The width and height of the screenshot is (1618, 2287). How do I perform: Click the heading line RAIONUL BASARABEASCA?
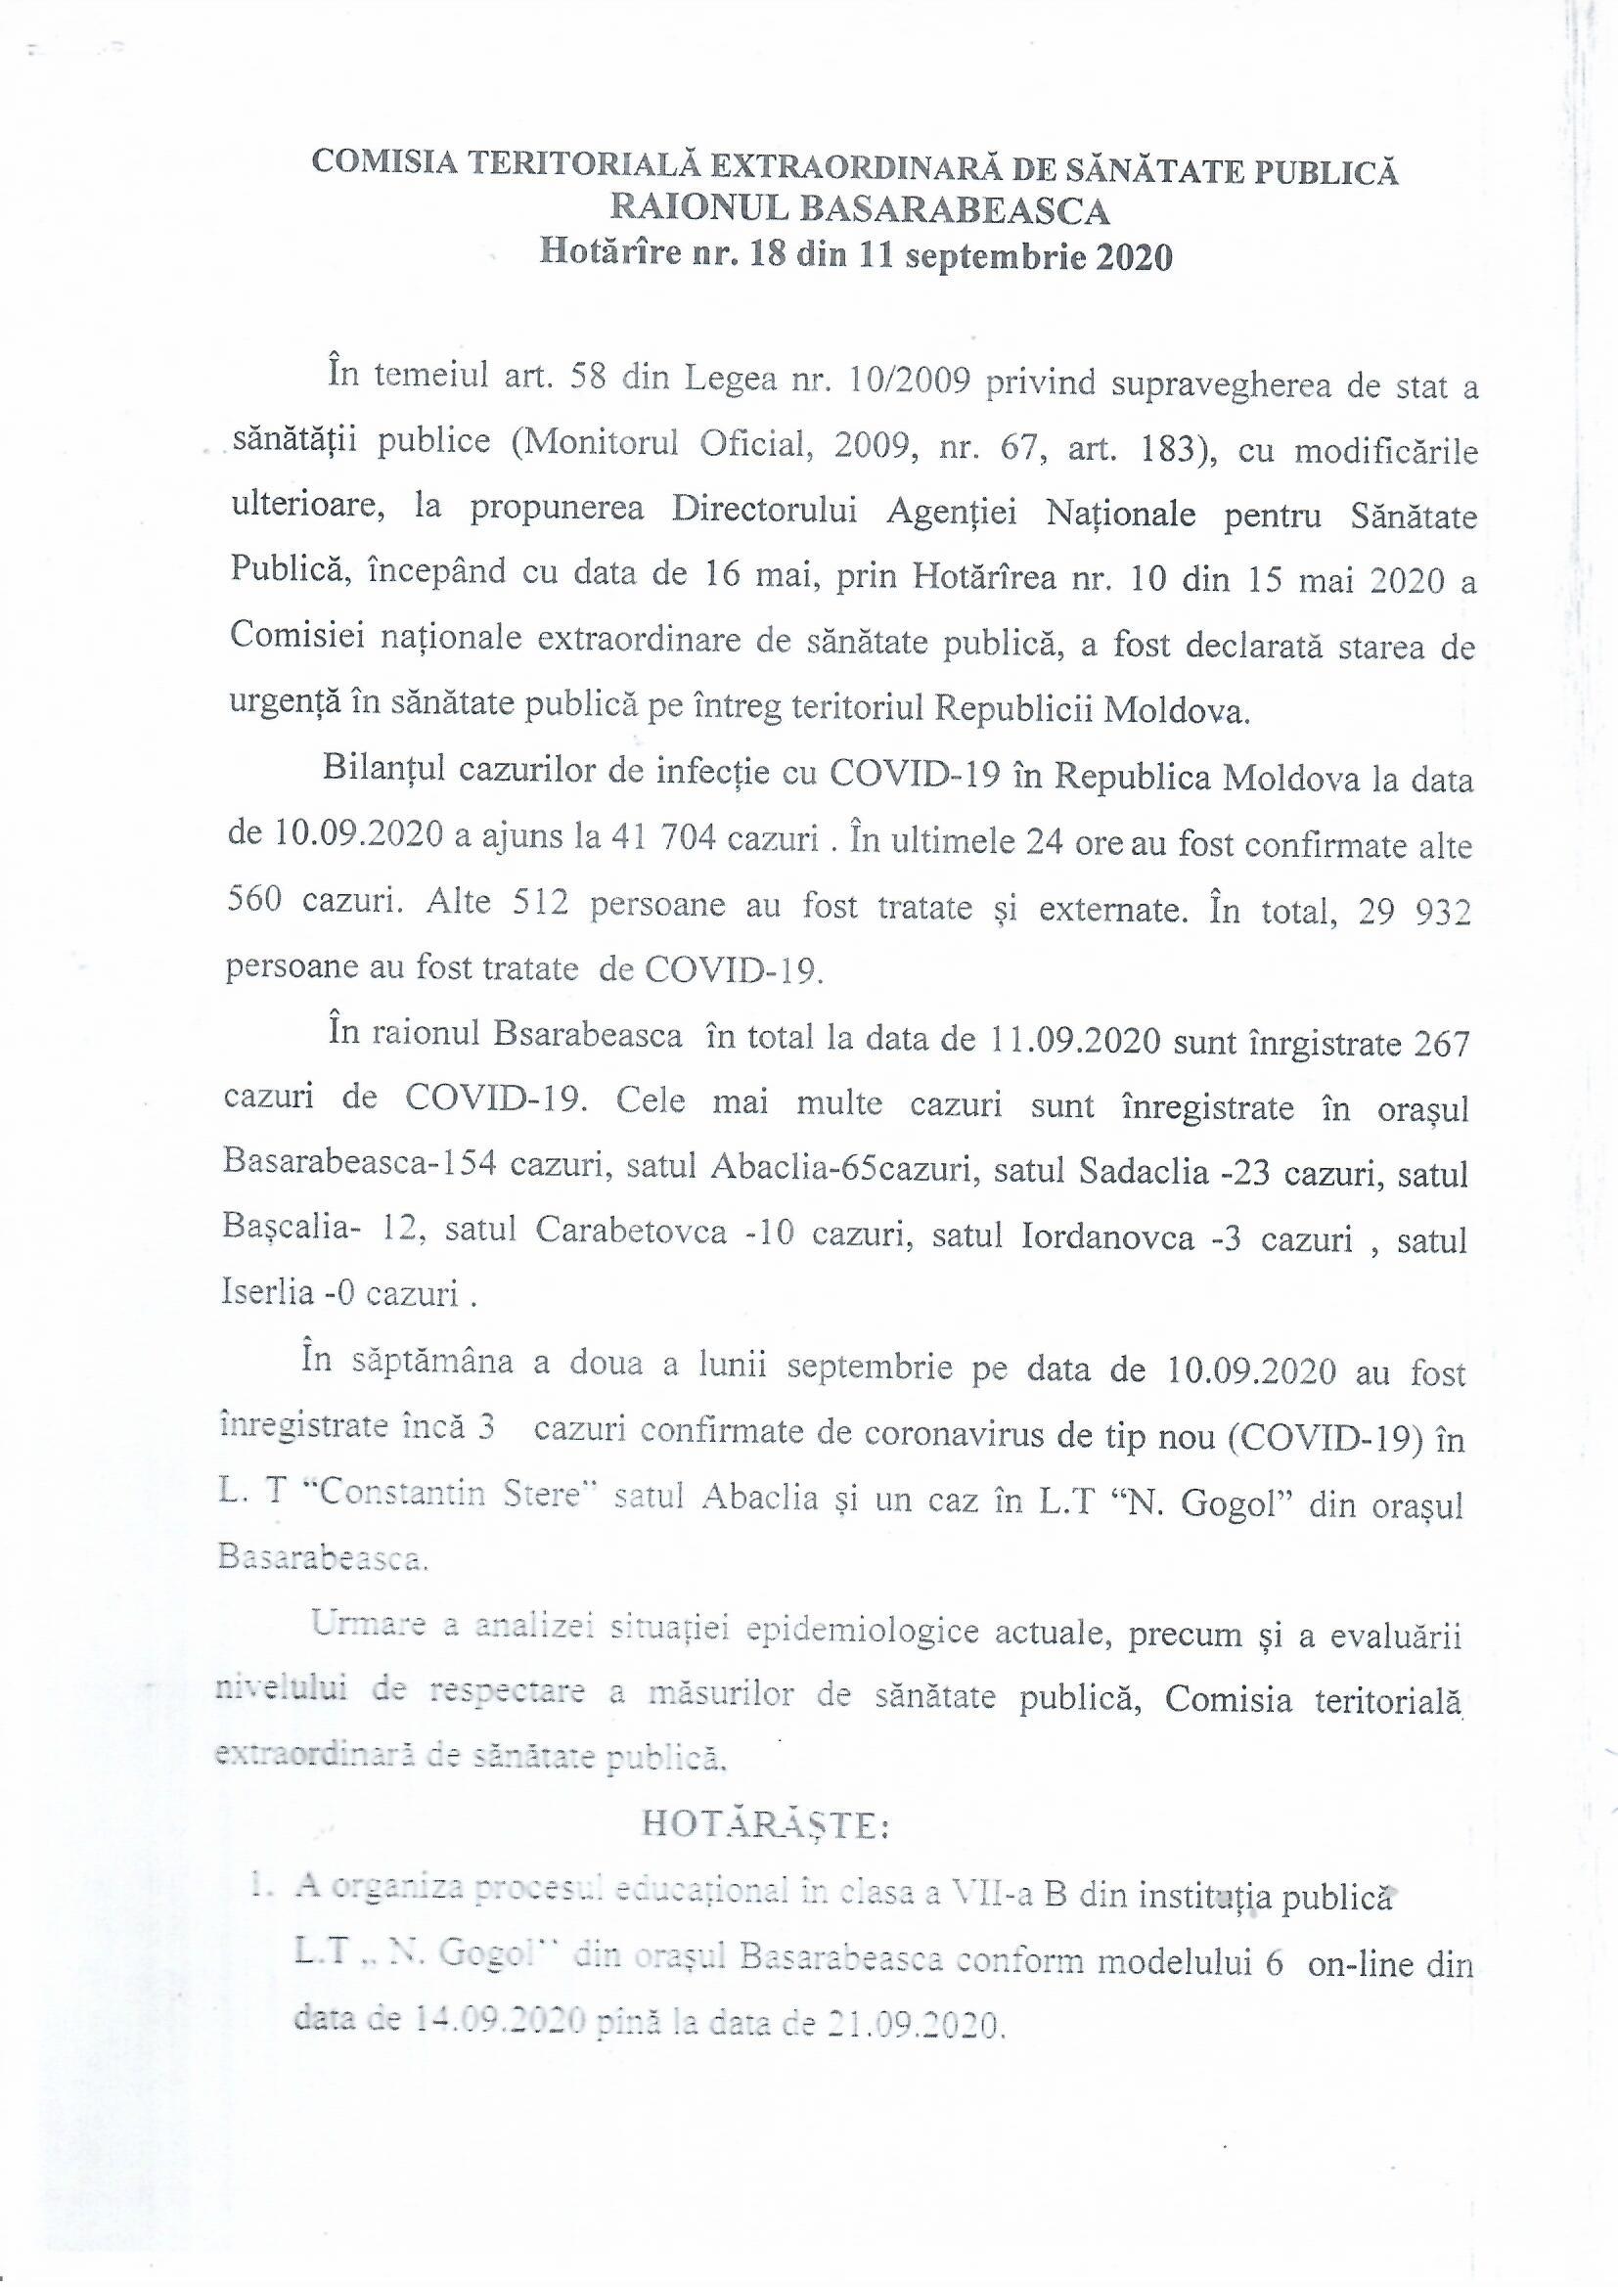[858, 211]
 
